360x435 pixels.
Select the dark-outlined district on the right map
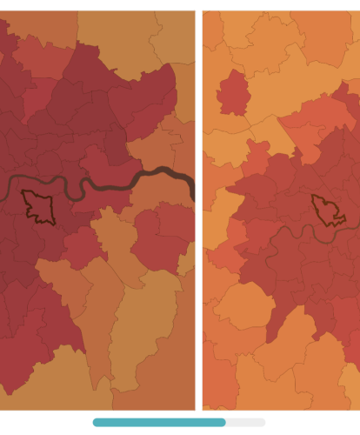tap(327, 210)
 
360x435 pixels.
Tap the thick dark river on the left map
tap(104, 186)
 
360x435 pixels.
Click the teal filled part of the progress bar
tap(157, 422)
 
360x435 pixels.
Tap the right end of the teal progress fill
tap(223, 422)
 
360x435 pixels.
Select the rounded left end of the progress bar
tap(97, 422)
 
